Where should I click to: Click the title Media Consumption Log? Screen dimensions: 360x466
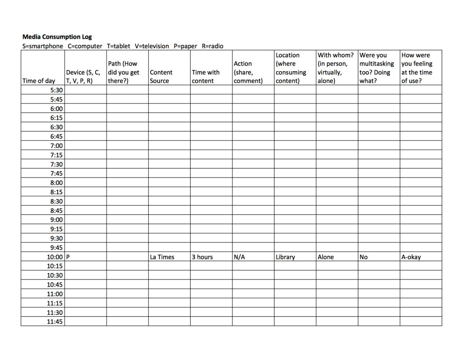(x=57, y=37)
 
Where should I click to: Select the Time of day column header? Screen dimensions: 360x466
(x=39, y=81)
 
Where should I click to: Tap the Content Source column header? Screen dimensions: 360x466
(x=161, y=76)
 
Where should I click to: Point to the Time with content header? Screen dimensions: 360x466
(x=206, y=76)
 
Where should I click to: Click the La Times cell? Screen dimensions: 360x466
(x=162, y=257)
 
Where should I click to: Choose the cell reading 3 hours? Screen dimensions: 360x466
(x=202, y=257)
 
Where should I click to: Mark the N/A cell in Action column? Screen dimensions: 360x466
(x=239, y=257)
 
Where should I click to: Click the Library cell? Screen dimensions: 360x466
(x=285, y=257)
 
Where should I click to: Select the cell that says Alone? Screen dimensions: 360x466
(x=325, y=257)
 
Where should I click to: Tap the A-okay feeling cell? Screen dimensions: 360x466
(x=411, y=257)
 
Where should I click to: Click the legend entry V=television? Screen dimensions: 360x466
(x=152, y=46)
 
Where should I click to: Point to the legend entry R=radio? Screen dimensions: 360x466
(x=213, y=46)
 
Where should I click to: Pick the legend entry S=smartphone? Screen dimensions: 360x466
(x=43, y=46)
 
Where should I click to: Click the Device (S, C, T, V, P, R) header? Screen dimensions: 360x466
(x=83, y=76)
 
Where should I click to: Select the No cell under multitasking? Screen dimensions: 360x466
(x=364, y=257)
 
